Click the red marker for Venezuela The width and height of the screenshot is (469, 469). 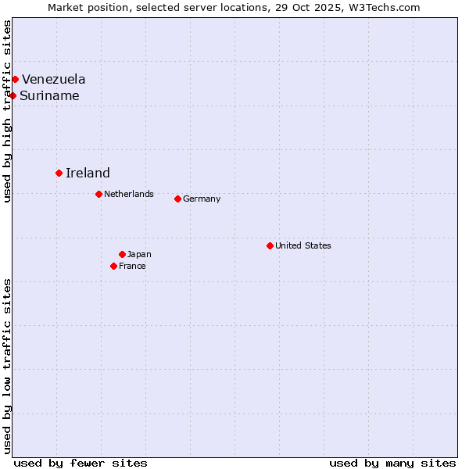coord(15,79)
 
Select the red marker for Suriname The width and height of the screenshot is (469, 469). coord(13,95)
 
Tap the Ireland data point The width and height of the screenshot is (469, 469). coord(59,173)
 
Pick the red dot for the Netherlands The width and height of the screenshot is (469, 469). coord(98,194)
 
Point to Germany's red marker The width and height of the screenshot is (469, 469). coord(177,199)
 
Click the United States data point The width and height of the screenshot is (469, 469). coord(270,245)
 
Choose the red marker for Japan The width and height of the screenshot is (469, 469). coord(122,254)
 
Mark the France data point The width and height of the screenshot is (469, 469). coord(113,266)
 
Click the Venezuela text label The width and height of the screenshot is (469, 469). coord(54,79)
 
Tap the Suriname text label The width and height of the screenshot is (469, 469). coord(49,96)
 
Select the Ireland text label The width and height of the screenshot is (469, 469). coord(88,174)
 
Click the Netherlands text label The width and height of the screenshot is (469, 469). coord(129,194)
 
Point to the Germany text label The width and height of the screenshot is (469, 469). coord(202,199)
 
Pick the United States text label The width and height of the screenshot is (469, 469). coord(303,245)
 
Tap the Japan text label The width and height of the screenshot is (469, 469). coord(139,254)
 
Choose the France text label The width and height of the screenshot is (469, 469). coord(132,266)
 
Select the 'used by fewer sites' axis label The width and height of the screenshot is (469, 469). coord(81,463)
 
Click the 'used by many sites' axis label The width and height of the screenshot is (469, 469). coord(392,463)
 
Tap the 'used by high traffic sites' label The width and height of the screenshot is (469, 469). coord(7,111)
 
